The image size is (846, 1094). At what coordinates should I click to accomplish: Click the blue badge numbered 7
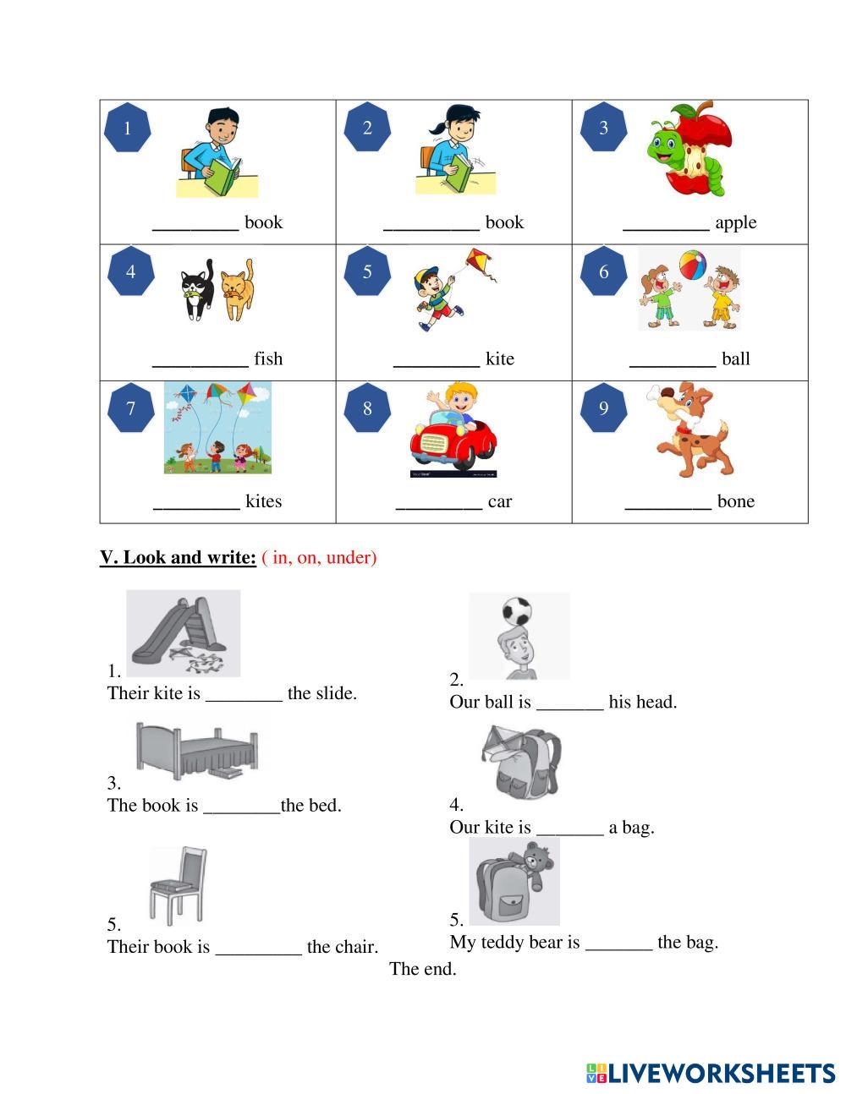pos(131,408)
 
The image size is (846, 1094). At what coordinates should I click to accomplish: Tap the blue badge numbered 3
pos(603,127)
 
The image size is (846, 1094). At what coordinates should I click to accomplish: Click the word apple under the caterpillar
pos(736,222)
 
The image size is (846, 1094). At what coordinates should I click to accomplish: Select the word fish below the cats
pos(268,358)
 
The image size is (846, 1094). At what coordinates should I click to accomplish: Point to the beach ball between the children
pos(692,265)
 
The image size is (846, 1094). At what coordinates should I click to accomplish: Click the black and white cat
pos(197,289)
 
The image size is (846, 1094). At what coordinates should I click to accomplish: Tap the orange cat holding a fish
pos(237,290)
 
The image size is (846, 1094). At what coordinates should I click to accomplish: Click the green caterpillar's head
pos(665,143)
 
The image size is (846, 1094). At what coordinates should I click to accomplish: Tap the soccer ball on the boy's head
pos(517,612)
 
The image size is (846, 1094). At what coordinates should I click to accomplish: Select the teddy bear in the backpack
pos(536,864)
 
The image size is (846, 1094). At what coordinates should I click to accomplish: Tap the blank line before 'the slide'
pos(244,700)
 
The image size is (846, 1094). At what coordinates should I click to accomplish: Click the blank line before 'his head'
pos(569,708)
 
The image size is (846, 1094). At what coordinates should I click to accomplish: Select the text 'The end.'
pos(423,968)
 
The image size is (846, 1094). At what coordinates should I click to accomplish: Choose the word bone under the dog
pos(736,501)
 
